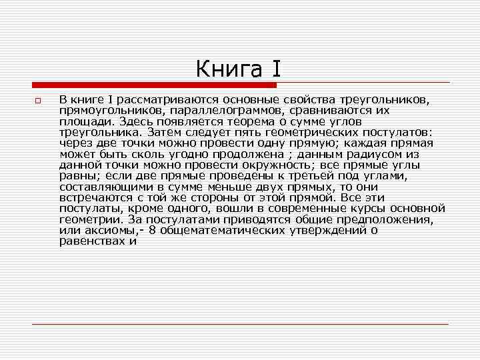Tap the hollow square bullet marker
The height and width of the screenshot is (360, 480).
pos(39,101)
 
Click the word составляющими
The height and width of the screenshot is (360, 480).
pos(97,187)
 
